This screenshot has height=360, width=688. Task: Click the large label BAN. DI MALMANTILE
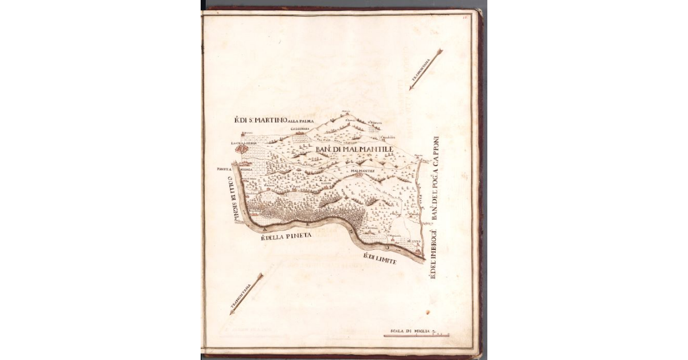[353, 149]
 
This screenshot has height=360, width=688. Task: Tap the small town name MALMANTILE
[358, 170]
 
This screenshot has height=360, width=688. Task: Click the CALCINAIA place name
[300, 130]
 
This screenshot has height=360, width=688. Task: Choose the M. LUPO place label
[413, 242]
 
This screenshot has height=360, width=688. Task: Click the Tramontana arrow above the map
[426, 69]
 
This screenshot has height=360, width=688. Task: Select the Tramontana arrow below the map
[246, 294]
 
